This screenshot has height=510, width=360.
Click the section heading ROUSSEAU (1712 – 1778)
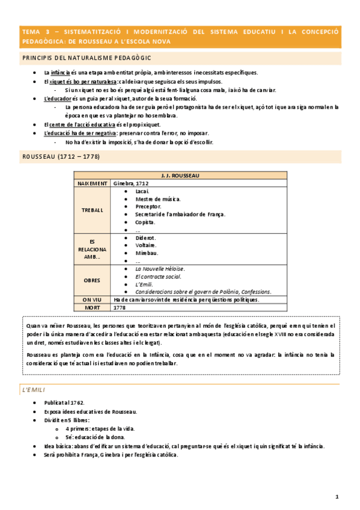point(61,156)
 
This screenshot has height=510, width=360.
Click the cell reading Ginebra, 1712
point(131,183)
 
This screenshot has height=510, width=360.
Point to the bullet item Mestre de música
point(158,198)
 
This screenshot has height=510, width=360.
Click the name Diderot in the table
point(147,238)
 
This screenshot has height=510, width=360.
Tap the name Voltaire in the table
point(147,245)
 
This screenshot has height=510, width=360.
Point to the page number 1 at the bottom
point(338,497)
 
